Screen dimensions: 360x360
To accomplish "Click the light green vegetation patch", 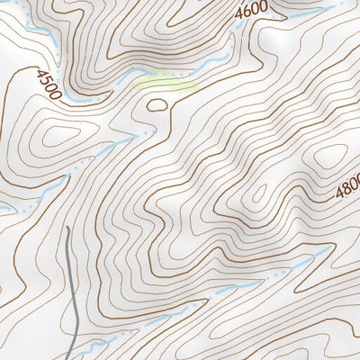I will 166,84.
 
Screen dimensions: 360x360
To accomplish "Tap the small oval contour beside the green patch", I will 157,105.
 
